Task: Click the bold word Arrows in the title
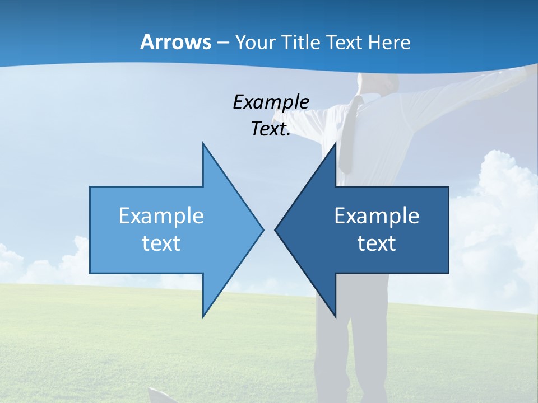(x=175, y=42)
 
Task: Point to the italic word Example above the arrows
(x=271, y=102)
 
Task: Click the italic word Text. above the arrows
(x=271, y=129)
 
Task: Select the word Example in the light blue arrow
(x=161, y=215)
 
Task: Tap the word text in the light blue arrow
(x=161, y=243)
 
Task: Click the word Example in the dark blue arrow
(x=377, y=215)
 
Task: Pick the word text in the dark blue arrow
(x=377, y=243)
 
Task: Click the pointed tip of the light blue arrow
(x=263, y=229)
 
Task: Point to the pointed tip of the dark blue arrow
(x=275, y=229)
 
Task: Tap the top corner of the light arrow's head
(x=203, y=144)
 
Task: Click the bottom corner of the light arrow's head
(x=203, y=316)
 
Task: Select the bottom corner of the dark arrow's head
(x=335, y=316)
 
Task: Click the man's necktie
(x=350, y=134)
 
